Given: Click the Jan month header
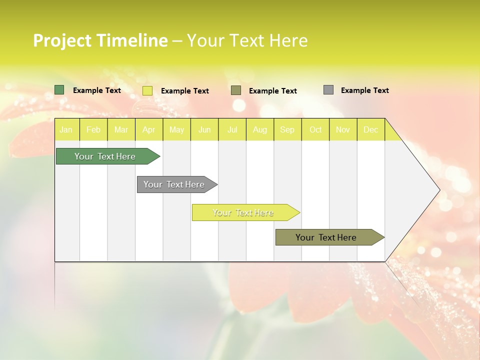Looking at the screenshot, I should [x=66, y=129].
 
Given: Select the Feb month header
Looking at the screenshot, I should [x=93, y=129].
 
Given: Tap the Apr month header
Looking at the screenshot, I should [x=148, y=129].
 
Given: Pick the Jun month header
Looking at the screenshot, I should [x=204, y=129].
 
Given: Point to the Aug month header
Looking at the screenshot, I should [x=259, y=129].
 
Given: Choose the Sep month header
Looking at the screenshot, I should [x=287, y=129].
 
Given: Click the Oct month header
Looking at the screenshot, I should [x=315, y=129].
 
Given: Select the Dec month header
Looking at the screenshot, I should [x=370, y=129].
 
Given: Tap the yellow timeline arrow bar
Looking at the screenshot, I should [x=244, y=212].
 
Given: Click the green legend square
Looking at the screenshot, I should [x=59, y=90].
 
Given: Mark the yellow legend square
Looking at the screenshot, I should [x=147, y=90].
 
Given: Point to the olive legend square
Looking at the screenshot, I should [x=236, y=90].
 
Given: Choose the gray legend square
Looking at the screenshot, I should [x=328, y=90].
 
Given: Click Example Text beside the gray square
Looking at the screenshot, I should [x=364, y=90].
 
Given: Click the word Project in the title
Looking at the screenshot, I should [x=62, y=40].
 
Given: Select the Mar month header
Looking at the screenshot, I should [x=121, y=129].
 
